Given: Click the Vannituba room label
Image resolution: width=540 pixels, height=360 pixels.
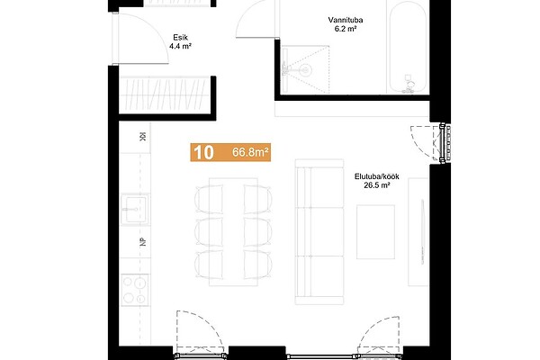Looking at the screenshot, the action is (345, 20).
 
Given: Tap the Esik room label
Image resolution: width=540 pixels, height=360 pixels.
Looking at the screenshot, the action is (181, 38).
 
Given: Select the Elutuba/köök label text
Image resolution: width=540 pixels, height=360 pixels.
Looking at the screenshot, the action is (377, 176).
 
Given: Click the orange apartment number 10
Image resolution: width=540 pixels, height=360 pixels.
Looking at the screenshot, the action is (204, 152).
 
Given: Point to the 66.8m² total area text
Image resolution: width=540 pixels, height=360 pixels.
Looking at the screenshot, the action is (250, 152).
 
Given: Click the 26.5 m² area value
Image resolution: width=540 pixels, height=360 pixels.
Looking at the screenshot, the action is (377, 185).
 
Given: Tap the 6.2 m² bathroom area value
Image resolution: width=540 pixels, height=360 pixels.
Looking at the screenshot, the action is (345, 29).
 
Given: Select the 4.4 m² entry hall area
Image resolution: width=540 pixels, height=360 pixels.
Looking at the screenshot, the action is (180, 46).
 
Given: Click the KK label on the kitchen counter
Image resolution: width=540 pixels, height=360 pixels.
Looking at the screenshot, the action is (142, 137).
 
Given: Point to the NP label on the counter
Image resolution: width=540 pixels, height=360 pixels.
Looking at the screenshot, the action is (143, 242).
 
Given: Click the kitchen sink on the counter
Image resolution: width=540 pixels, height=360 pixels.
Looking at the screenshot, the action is (135, 209).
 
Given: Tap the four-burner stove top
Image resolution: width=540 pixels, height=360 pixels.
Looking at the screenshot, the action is (135, 290).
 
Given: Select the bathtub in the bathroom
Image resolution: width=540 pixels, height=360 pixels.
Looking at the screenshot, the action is (409, 47).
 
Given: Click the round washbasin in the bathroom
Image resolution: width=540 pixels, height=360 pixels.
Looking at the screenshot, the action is (305, 70).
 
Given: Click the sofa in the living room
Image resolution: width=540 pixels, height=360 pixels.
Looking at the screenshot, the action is (319, 232).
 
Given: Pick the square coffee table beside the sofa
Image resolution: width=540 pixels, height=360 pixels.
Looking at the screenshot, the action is (375, 232).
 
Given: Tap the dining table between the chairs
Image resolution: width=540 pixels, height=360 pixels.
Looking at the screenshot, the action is (233, 232).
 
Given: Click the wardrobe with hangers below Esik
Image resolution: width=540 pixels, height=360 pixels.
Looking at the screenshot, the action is (165, 95).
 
